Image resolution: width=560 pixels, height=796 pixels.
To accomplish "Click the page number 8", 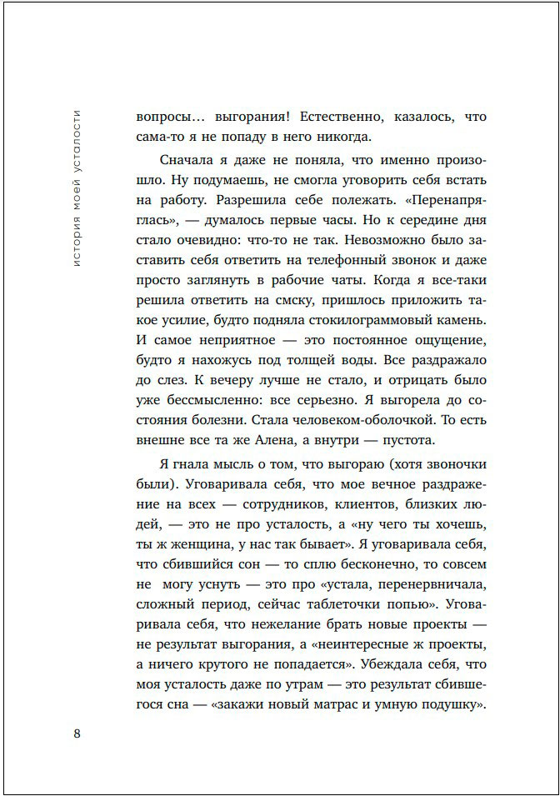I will click(77, 733).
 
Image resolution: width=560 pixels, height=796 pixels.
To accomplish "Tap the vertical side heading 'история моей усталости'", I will click(77, 188).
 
